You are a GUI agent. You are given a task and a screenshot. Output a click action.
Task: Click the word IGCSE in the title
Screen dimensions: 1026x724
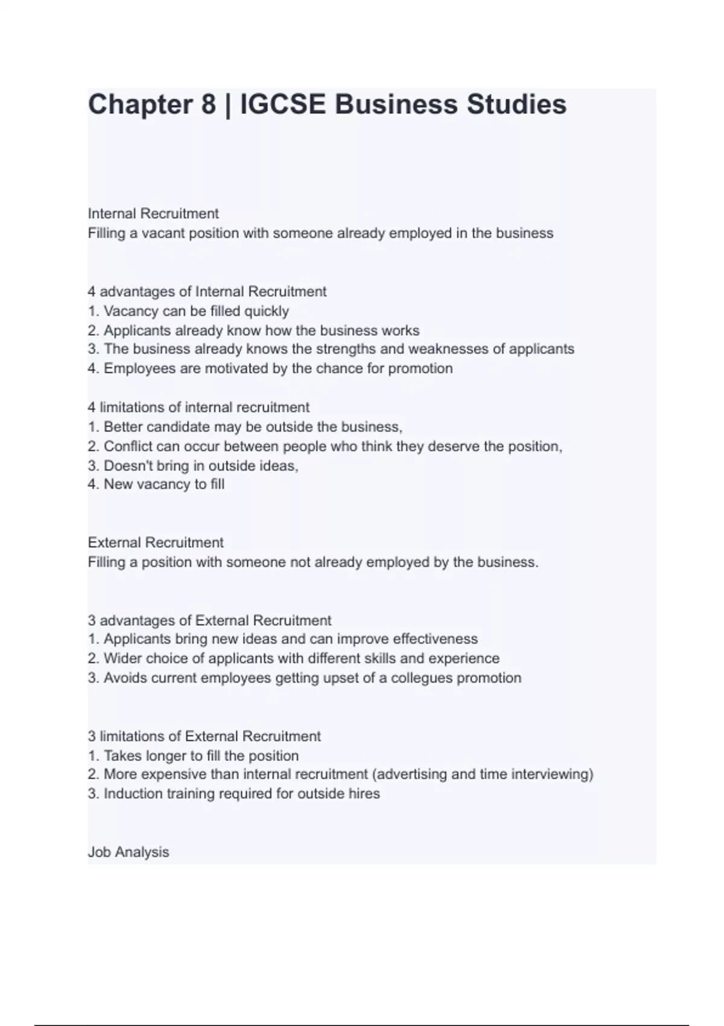[x=283, y=104]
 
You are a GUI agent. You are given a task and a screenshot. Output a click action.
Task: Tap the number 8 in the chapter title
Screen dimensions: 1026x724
[x=208, y=104]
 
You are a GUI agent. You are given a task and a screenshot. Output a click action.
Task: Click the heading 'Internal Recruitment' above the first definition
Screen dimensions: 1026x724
[x=153, y=214]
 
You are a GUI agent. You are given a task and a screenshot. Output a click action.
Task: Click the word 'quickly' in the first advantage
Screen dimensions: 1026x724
[x=266, y=311]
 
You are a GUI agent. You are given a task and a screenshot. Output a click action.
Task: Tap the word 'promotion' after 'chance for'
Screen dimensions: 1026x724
[x=420, y=369]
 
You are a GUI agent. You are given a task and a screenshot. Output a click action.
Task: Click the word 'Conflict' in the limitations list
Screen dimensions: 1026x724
[x=128, y=447]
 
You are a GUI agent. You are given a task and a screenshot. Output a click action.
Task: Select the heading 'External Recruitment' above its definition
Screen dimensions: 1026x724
[x=156, y=543]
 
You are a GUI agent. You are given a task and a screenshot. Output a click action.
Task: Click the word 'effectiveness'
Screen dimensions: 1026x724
[x=435, y=639]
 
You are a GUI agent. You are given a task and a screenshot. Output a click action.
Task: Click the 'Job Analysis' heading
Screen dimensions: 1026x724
[x=129, y=852]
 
